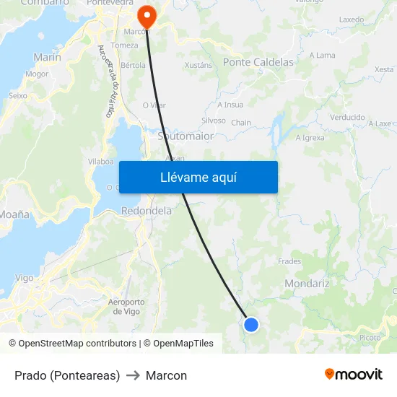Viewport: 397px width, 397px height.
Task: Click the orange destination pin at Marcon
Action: [x=147, y=15]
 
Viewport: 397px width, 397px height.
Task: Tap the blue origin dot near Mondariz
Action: [x=251, y=325]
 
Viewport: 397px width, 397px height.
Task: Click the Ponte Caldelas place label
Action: [x=258, y=62]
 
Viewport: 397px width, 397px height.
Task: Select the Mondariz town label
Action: [x=307, y=284]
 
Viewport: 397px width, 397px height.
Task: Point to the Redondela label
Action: [x=147, y=211]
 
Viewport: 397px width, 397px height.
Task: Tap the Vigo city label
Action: [x=24, y=277]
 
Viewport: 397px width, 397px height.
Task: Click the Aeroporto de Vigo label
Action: [x=126, y=306]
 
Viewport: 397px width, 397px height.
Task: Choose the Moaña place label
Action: [x=14, y=214]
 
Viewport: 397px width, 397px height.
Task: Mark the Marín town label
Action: [x=47, y=57]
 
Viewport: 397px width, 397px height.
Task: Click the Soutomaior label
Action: [x=185, y=135]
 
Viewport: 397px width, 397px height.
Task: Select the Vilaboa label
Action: [x=100, y=162]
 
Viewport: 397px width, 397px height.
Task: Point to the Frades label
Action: [x=289, y=261]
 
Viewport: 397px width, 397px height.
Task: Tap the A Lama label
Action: [x=322, y=55]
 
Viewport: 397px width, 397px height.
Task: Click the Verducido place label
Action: [x=347, y=117]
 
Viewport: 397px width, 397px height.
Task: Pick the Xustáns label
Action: [x=198, y=65]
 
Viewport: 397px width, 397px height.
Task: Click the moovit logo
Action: [x=353, y=375]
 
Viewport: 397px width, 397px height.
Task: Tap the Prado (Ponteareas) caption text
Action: [x=67, y=375]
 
